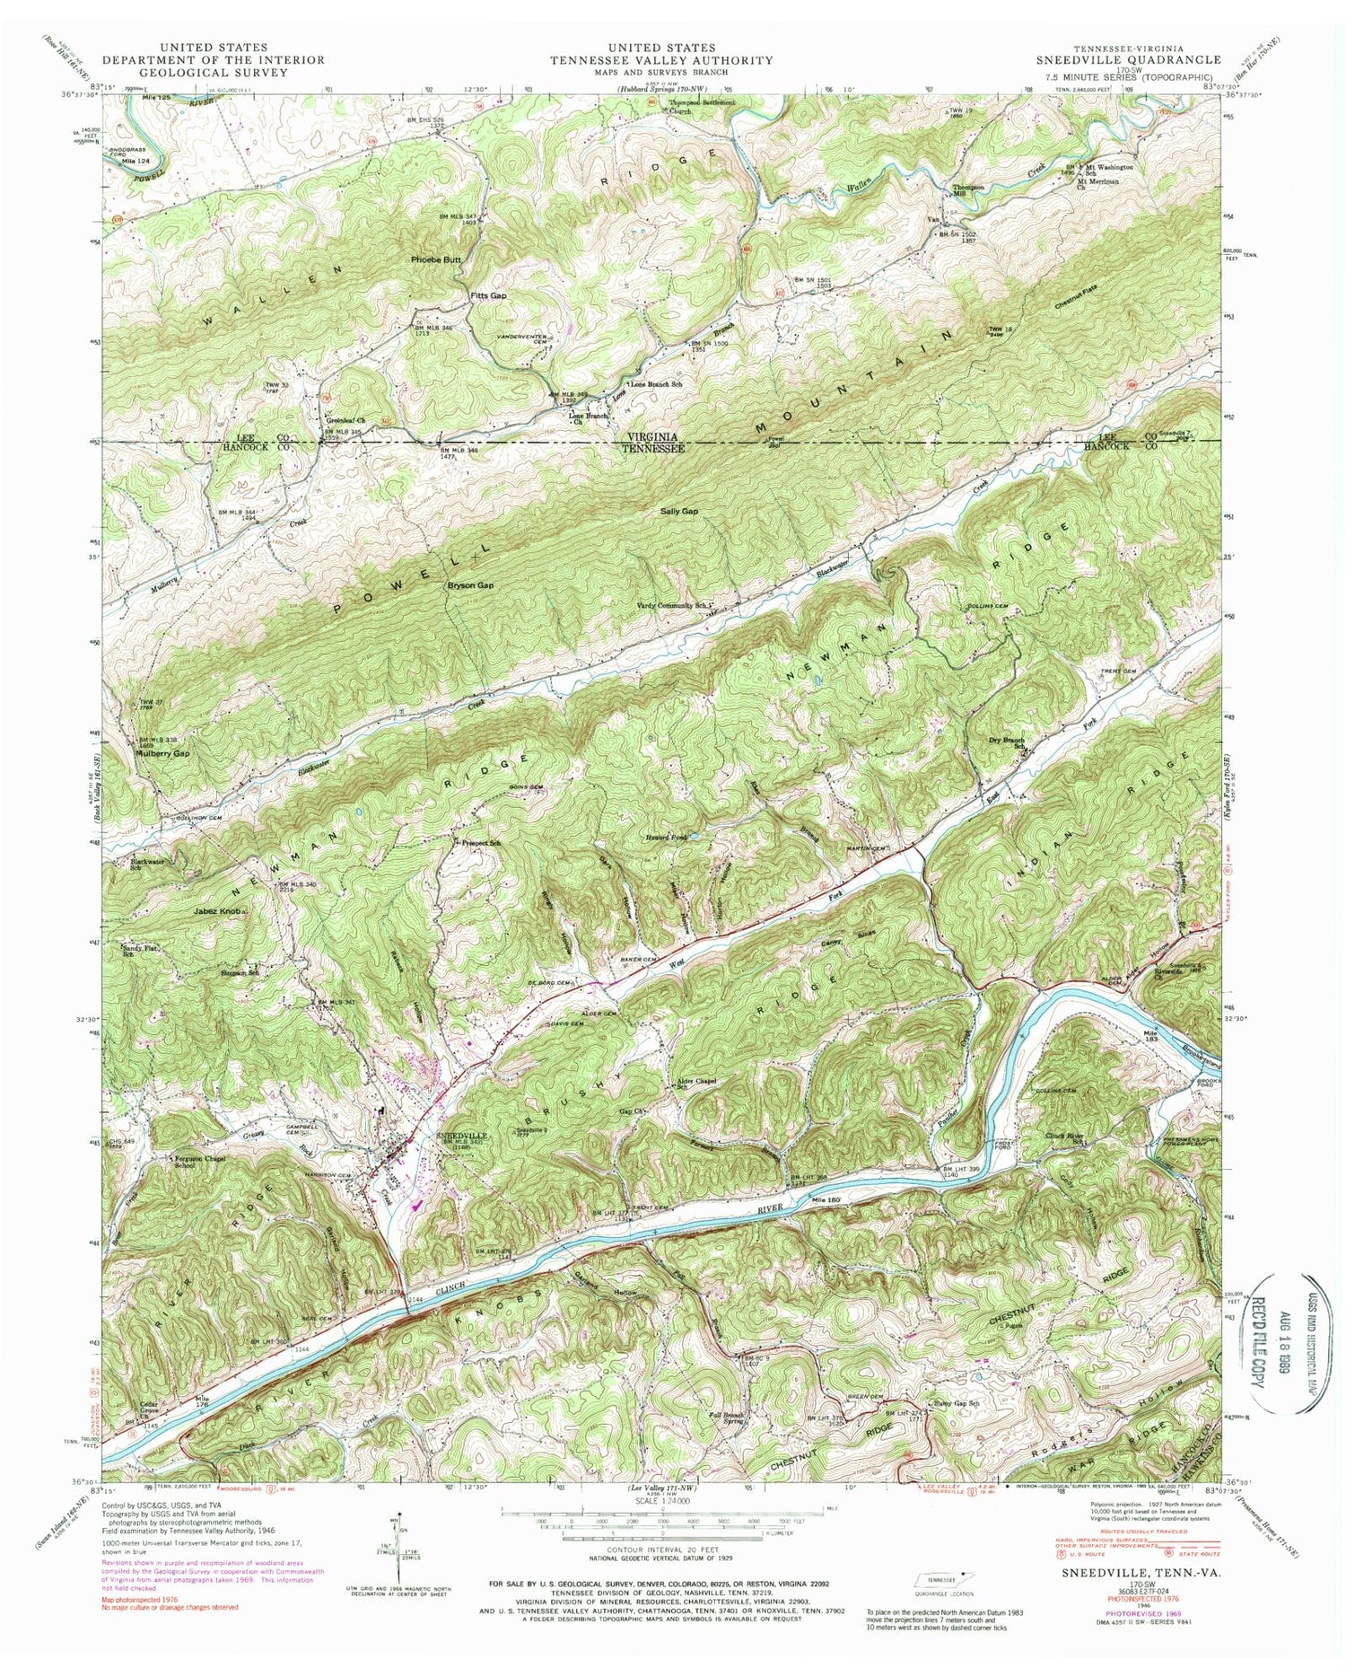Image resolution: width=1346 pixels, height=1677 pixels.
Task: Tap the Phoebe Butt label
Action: pyautogui.click(x=435, y=259)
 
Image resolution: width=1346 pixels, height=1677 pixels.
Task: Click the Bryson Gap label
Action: pyautogui.click(x=471, y=585)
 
